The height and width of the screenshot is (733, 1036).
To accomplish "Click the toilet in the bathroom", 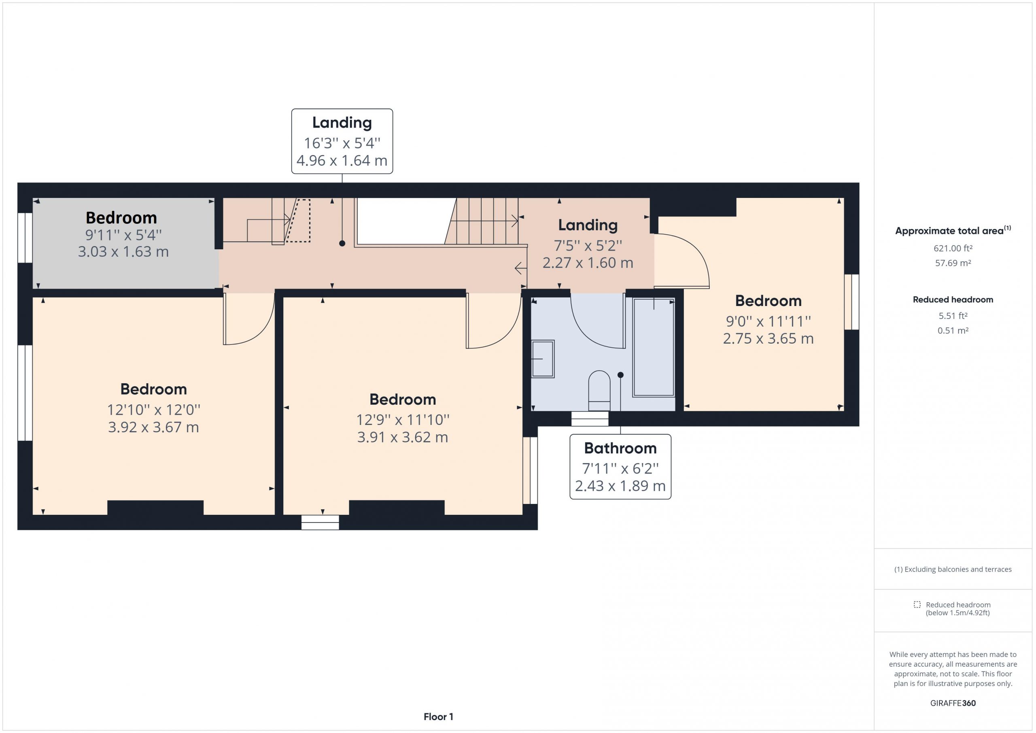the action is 599,391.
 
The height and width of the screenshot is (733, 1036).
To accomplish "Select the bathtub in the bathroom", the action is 653,348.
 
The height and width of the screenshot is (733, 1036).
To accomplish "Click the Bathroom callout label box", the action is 620,467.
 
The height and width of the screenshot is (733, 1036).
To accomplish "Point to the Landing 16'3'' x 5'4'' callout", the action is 342,141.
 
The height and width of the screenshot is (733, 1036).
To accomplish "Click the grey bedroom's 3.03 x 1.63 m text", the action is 123,251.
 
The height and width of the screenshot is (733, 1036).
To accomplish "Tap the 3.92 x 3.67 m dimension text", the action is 153,427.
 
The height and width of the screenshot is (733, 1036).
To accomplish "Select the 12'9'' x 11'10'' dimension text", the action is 403,420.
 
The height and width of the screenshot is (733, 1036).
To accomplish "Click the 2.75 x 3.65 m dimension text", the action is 769,338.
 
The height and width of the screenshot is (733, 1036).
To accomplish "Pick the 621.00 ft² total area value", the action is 953,248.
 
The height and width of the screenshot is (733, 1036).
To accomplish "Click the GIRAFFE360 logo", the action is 953,703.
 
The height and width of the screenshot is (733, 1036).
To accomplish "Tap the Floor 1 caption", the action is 438,717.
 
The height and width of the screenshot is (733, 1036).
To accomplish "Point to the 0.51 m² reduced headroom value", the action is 953,330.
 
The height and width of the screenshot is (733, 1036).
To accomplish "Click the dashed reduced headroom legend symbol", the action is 917,604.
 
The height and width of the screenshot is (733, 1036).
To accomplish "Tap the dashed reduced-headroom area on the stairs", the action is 299,221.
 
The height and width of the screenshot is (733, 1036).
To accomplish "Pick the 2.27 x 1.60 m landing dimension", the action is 588,263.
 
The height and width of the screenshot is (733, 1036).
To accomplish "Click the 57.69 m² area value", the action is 953,263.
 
